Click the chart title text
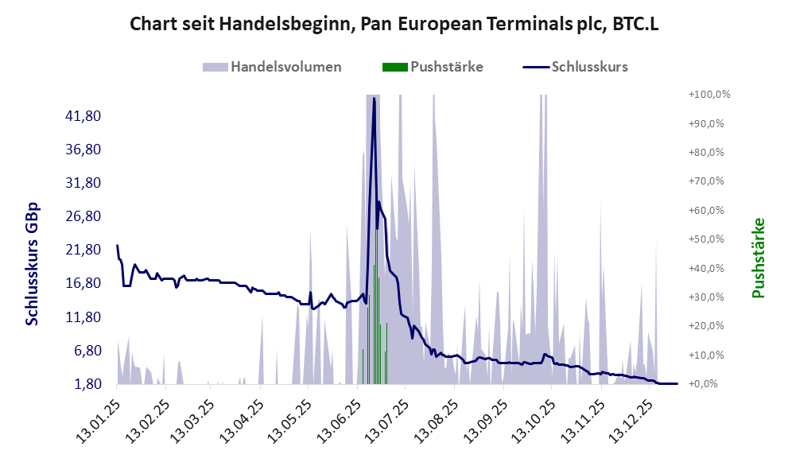coord(394,25)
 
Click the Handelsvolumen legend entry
coord(285,67)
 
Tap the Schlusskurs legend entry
coord(588,67)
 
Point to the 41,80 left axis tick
coord(82,116)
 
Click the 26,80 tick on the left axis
coord(82,216)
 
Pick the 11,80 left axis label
coord(82,317)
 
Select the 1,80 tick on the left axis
coord(85,384)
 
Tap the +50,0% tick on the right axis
coord(710,239)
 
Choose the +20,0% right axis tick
coord(710,326)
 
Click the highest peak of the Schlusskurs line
coord(374,101)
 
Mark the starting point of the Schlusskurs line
coord(117,246)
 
